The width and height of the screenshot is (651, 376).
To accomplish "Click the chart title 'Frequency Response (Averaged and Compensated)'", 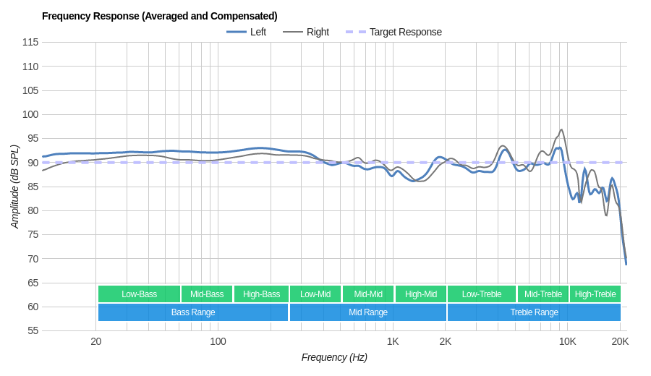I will coord(159,16).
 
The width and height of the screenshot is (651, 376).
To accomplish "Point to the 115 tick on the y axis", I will coord(30,42).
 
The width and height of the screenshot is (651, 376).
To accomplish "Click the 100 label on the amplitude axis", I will coord(30,114).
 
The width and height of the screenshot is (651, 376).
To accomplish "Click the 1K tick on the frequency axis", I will coord(393,341).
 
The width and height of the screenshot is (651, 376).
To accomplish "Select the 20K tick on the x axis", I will coord(620,341).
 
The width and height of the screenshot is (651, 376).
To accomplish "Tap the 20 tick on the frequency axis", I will coord(95,341).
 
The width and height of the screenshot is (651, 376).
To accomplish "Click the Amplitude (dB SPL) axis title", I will coord(14,187).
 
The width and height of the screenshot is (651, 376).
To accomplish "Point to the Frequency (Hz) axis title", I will coord(334,357).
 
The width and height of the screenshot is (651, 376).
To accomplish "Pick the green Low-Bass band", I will coord(139,294).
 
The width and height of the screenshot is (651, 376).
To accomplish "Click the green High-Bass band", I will coord(261,294).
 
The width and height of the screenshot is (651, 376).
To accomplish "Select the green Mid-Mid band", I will coord(368,294).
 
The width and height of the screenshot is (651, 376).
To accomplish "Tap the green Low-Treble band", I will coord(481,294).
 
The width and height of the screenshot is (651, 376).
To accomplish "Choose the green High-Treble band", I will coord(595,294).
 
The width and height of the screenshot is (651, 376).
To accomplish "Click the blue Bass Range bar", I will coord(193,312).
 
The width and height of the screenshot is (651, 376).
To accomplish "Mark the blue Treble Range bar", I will coord(534,312).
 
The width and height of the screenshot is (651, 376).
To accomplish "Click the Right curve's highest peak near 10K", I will coord(561,130).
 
